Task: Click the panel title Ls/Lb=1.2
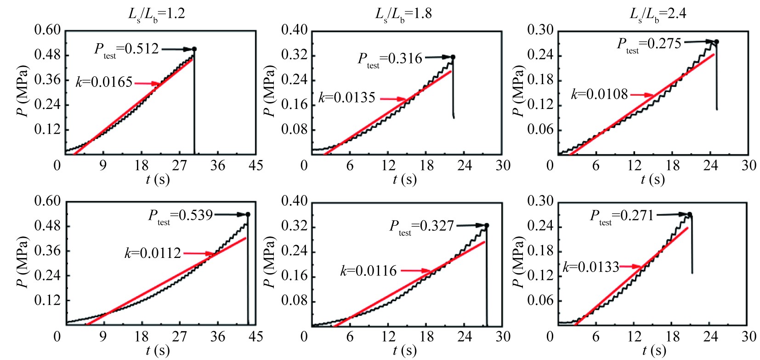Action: (x=156, y=14)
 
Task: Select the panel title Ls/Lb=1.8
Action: (x=403, y=14)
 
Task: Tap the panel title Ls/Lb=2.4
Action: (x=658, y=14)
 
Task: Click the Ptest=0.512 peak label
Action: (x=126, y=49)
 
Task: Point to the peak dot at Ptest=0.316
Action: (x=453, y=57)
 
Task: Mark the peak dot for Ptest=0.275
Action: (x=716, y=42)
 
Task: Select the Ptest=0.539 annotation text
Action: (x=180, y=215)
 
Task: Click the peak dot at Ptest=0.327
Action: (x=487, y=225)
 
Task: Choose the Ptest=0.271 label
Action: (x=621, y=215)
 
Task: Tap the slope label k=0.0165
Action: (x=104, y=83)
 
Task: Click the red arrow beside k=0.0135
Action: (x=393, y=99)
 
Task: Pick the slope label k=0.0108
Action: (x=599, y=95)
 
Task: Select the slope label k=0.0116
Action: (x=368, y=271)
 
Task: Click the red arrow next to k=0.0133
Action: (x=630, y=266)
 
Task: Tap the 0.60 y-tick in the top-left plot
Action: (x=47, y=30)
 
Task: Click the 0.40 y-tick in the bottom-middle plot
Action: (x=294, y=201)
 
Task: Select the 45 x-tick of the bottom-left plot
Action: (x=255, y=337)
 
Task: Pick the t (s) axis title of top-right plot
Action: (x=652, y=179)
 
